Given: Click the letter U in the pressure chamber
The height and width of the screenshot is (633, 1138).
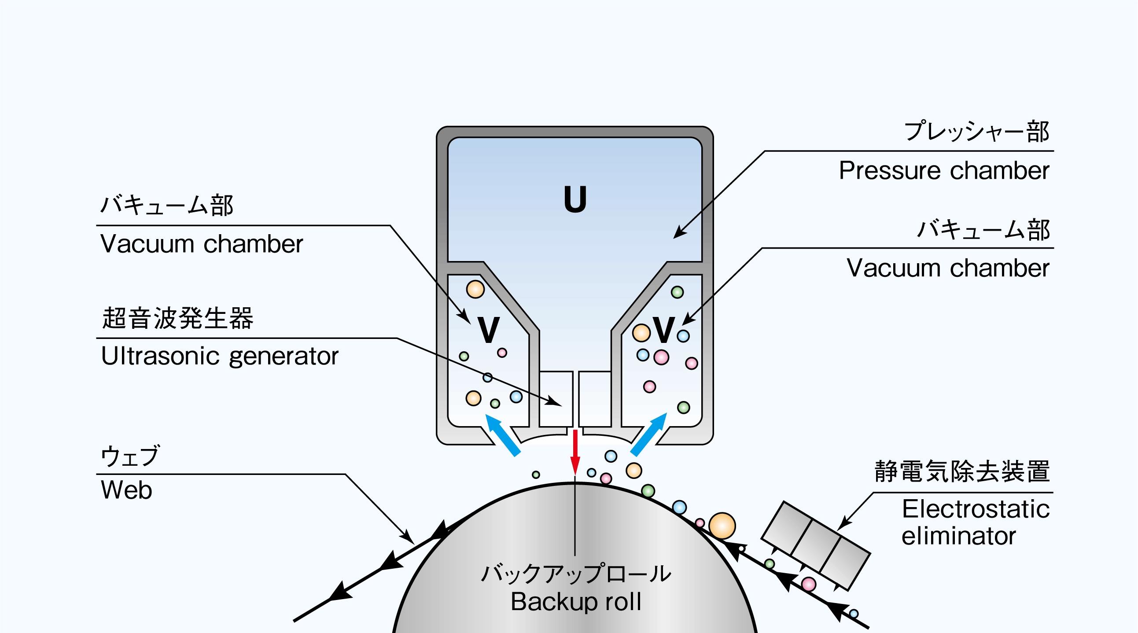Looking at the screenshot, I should (x=575, y=200).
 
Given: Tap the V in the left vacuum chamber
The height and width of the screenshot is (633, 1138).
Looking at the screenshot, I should (x=489, y=330).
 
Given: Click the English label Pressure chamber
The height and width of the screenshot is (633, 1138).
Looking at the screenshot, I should (x=943, y=171).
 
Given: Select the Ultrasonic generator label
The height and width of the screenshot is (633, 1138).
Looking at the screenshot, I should (x=220, y=356).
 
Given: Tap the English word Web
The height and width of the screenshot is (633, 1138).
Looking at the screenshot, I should (x=126, y=490).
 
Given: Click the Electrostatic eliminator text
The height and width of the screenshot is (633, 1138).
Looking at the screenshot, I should (x=975, y=522).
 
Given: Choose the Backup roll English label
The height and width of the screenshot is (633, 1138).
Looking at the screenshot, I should (x=576, y=602).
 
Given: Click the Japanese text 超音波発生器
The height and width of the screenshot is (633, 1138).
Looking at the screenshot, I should (x=177, y=318).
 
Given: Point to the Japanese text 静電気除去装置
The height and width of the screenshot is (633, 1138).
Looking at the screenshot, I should (x=962, y=471).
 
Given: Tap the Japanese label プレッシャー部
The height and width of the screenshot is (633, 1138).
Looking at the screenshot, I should (x=976, y=131).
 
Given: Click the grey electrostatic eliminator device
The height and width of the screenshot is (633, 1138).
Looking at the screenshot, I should (x=815, y=545).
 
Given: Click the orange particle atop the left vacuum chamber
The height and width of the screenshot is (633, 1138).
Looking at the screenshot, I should (x=475, y=289).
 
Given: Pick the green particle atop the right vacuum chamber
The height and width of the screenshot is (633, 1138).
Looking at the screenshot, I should (x=677, y=292).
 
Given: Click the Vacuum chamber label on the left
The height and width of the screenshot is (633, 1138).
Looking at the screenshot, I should (x=202, y=244).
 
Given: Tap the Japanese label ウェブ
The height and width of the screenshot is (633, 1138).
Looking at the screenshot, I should (x=130, y=456).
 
